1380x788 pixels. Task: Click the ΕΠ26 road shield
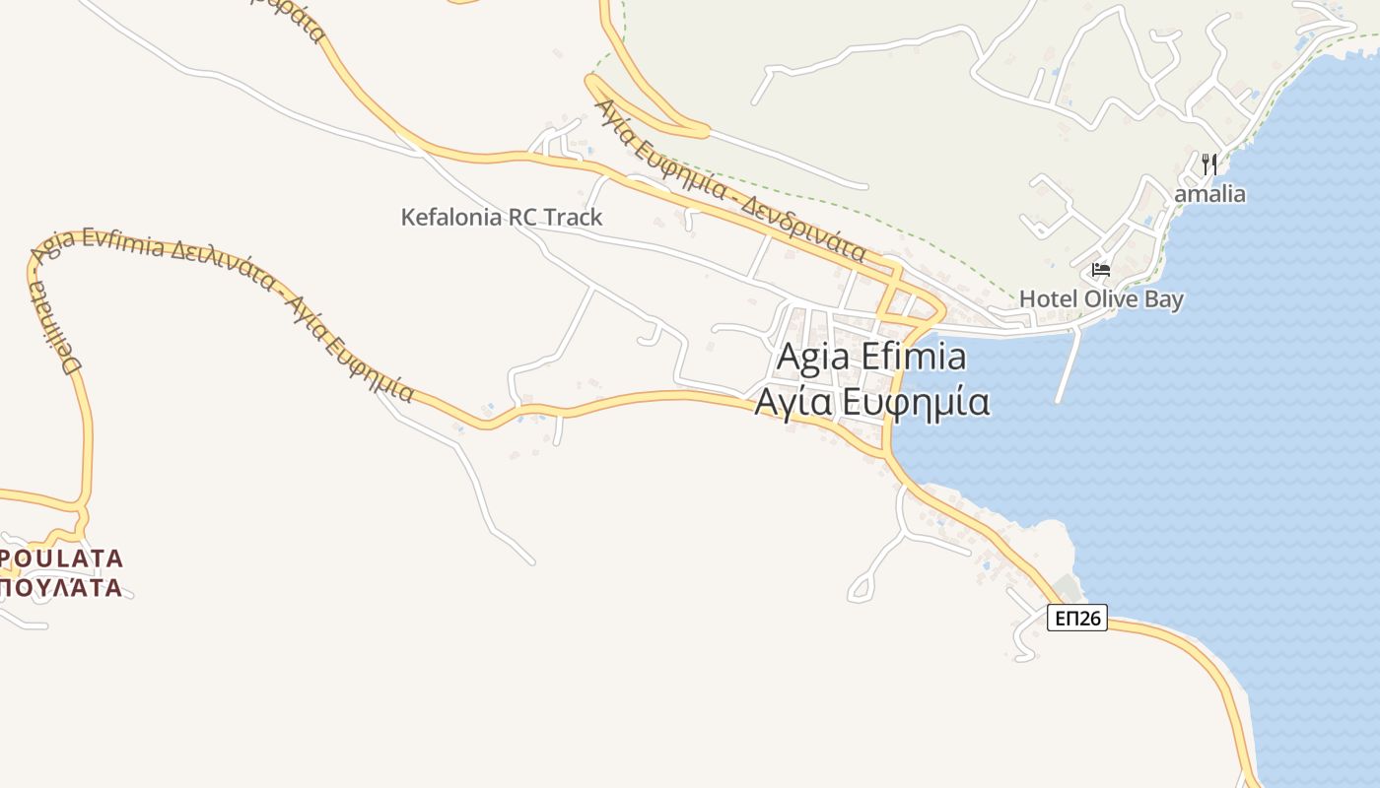pos(1076,619)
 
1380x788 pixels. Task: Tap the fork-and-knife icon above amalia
pos(1209,164)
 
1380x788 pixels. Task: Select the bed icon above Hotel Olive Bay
pos(1101,269)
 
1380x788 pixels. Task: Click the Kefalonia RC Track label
pos(501,218)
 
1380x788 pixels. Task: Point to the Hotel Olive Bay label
pos(1101,298)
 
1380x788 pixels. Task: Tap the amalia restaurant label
pos(1209,194)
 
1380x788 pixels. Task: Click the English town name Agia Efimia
pos(871,357)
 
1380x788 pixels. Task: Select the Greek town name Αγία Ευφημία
pos(871,403)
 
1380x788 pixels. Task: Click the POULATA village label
pos(61,559)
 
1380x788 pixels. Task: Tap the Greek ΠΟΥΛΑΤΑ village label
pos(61,589)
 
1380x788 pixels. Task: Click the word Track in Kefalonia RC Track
pos(571,218)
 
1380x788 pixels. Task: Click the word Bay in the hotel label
pos(1164,298)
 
